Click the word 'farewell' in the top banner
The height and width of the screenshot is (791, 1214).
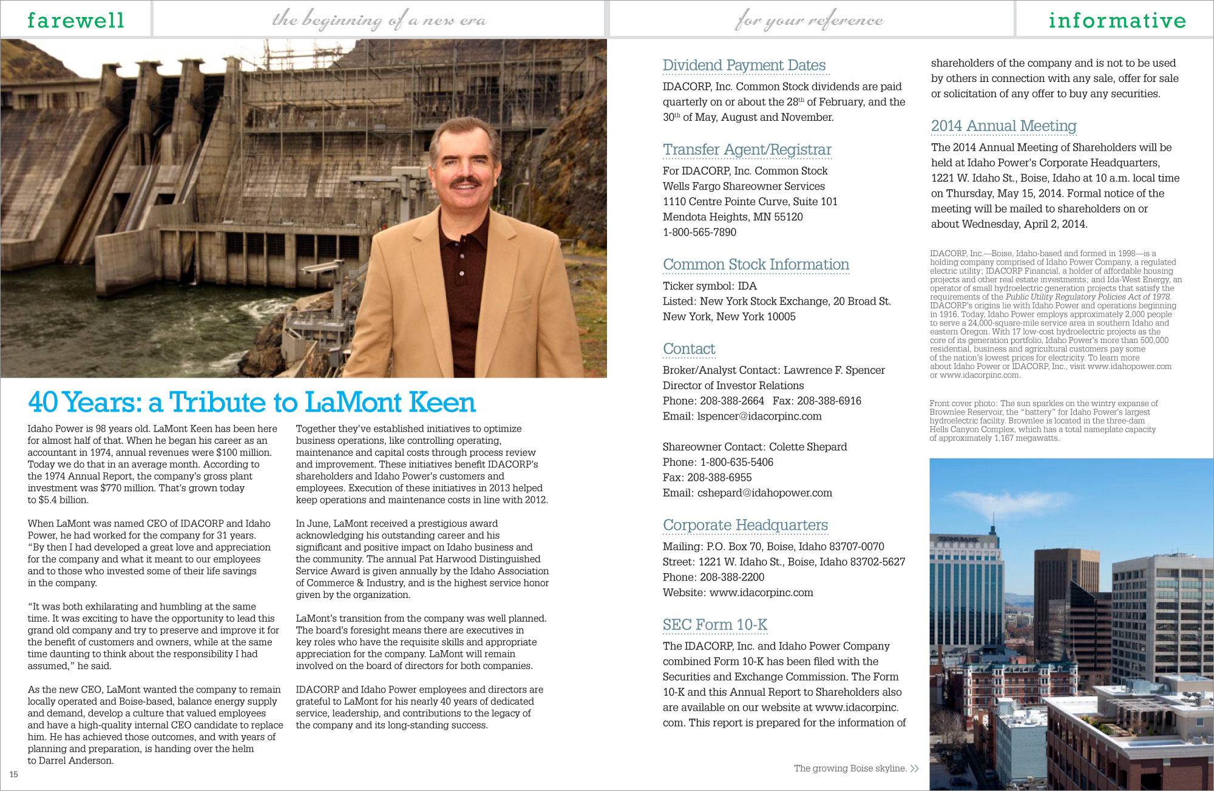pos(76,20)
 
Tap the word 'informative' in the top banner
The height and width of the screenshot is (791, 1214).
pos(1117,20)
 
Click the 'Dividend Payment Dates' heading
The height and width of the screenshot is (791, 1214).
pos(744,65)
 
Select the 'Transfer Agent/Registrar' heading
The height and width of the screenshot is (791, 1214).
pos(747,149)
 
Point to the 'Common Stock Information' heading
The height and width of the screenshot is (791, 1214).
pos(756,265)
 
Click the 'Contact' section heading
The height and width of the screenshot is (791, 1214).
pos(689,349)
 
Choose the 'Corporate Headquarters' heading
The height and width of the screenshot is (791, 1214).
pos(745,525)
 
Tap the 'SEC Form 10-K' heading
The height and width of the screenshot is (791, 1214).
pos(714,625)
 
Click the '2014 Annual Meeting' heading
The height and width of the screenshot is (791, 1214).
pos(1003,126)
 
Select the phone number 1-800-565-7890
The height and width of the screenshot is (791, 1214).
pos(699,233)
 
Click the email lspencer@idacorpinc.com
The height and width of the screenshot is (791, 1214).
pos(759,416)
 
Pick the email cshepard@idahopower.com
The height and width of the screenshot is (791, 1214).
pos(764,493)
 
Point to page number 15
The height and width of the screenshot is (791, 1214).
pos(13,775)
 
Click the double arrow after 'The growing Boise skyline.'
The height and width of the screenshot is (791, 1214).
pos(915,769)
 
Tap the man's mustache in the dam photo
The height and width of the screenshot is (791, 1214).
pos(464,182)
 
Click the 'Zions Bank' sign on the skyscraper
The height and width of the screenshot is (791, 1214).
pos(957,538)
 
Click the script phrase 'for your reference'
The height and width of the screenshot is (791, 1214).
pos(809,21)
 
